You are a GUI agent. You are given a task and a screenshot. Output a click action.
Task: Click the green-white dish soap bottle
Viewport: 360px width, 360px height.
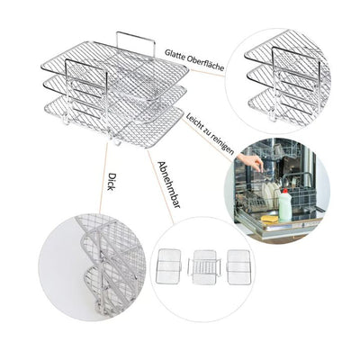pyautogui.click(x=284, y=206)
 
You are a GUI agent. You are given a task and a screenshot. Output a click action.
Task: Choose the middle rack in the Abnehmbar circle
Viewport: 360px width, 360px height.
pyautogui.click(x=204, y=266)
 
